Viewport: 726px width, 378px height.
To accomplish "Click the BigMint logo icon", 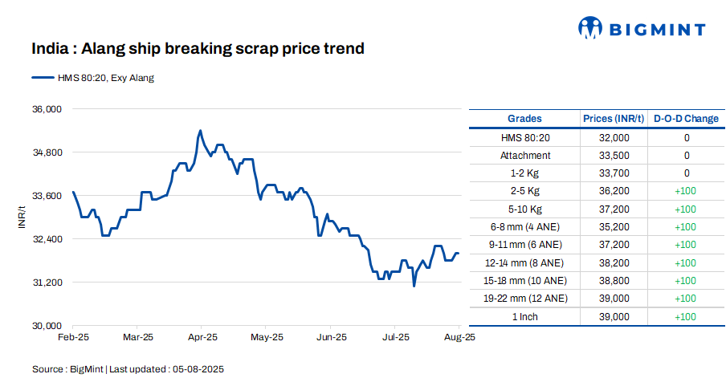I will [x=590, y=28].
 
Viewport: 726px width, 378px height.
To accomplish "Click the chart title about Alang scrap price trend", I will [x=198, y=49].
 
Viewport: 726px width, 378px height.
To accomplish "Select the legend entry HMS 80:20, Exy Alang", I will [x=93, y=78].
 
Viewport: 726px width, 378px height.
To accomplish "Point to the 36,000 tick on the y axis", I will [x=47, y=108].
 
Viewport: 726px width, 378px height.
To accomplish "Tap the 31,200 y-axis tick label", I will [x=47, y=282].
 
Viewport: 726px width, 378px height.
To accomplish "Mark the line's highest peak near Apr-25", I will [x=200, y=130].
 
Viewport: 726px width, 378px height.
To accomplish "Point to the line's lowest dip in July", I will [x=414, y=286].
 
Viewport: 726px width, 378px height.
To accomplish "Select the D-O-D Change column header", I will [x=686, y=119].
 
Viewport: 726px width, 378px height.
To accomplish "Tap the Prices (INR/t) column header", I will [x=614, y=119].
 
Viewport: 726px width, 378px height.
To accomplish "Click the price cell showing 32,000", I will [x=614, y=138].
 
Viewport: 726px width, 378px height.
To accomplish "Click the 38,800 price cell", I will [x=614, y=280].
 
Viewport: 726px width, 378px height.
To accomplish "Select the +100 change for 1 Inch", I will [x=686, y=316].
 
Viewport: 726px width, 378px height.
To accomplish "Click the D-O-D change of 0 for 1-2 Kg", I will [x=686, y=173].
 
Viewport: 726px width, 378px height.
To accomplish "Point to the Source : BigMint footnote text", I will [x=127, y=369].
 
